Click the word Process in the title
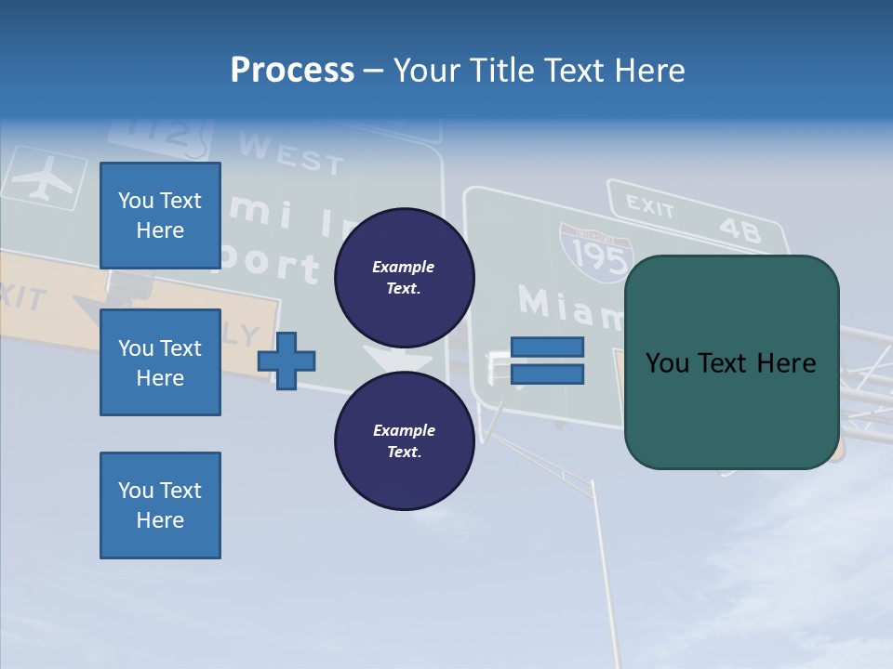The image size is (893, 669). tap(292, 70)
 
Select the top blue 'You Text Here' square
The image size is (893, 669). tap(160, 216)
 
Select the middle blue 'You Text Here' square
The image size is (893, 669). tap(160, 362)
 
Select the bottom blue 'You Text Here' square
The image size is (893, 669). tap(160, 505)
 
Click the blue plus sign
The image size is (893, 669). tap(287, 360)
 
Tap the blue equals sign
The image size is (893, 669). tap(547, 361)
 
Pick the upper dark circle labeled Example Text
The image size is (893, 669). tap(404, 277)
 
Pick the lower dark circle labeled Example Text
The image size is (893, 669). tap(404, 440)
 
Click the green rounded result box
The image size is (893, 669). tap(731, 362)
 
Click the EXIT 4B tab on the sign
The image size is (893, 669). tap(694, 216)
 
